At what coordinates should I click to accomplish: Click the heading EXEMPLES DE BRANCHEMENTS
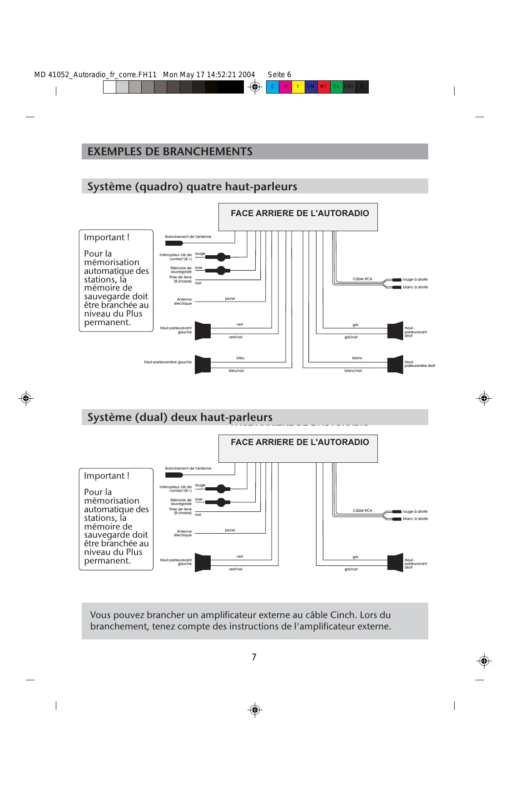click(170, 152)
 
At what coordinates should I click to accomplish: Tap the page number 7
click(254, 657)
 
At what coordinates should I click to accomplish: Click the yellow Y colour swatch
click(298, 87)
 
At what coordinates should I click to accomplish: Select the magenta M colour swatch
click(285, 87)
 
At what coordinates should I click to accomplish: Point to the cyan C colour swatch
click(272, 87)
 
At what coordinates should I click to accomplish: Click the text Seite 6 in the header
click(279, 75)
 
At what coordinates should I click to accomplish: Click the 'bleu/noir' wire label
click(236, 371)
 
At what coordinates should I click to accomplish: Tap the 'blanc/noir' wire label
click(353, 371)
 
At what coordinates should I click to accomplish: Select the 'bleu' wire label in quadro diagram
click(240, 358)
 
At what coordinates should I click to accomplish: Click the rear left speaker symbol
click(203, 365)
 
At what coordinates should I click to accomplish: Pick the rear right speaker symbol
click(395, 365)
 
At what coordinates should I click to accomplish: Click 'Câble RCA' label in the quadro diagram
click(362, 279)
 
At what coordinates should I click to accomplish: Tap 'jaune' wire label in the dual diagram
click(230, 530)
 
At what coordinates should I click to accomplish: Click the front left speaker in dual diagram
click(203, 563)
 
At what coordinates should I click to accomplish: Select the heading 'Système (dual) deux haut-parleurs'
click(180, 417)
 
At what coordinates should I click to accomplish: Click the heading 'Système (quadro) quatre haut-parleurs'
click(192, 186)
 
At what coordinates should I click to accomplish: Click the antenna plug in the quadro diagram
click(174, 243)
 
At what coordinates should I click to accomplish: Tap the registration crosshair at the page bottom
click(255, 710)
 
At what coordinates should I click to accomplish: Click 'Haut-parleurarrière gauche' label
click(168, 362)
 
